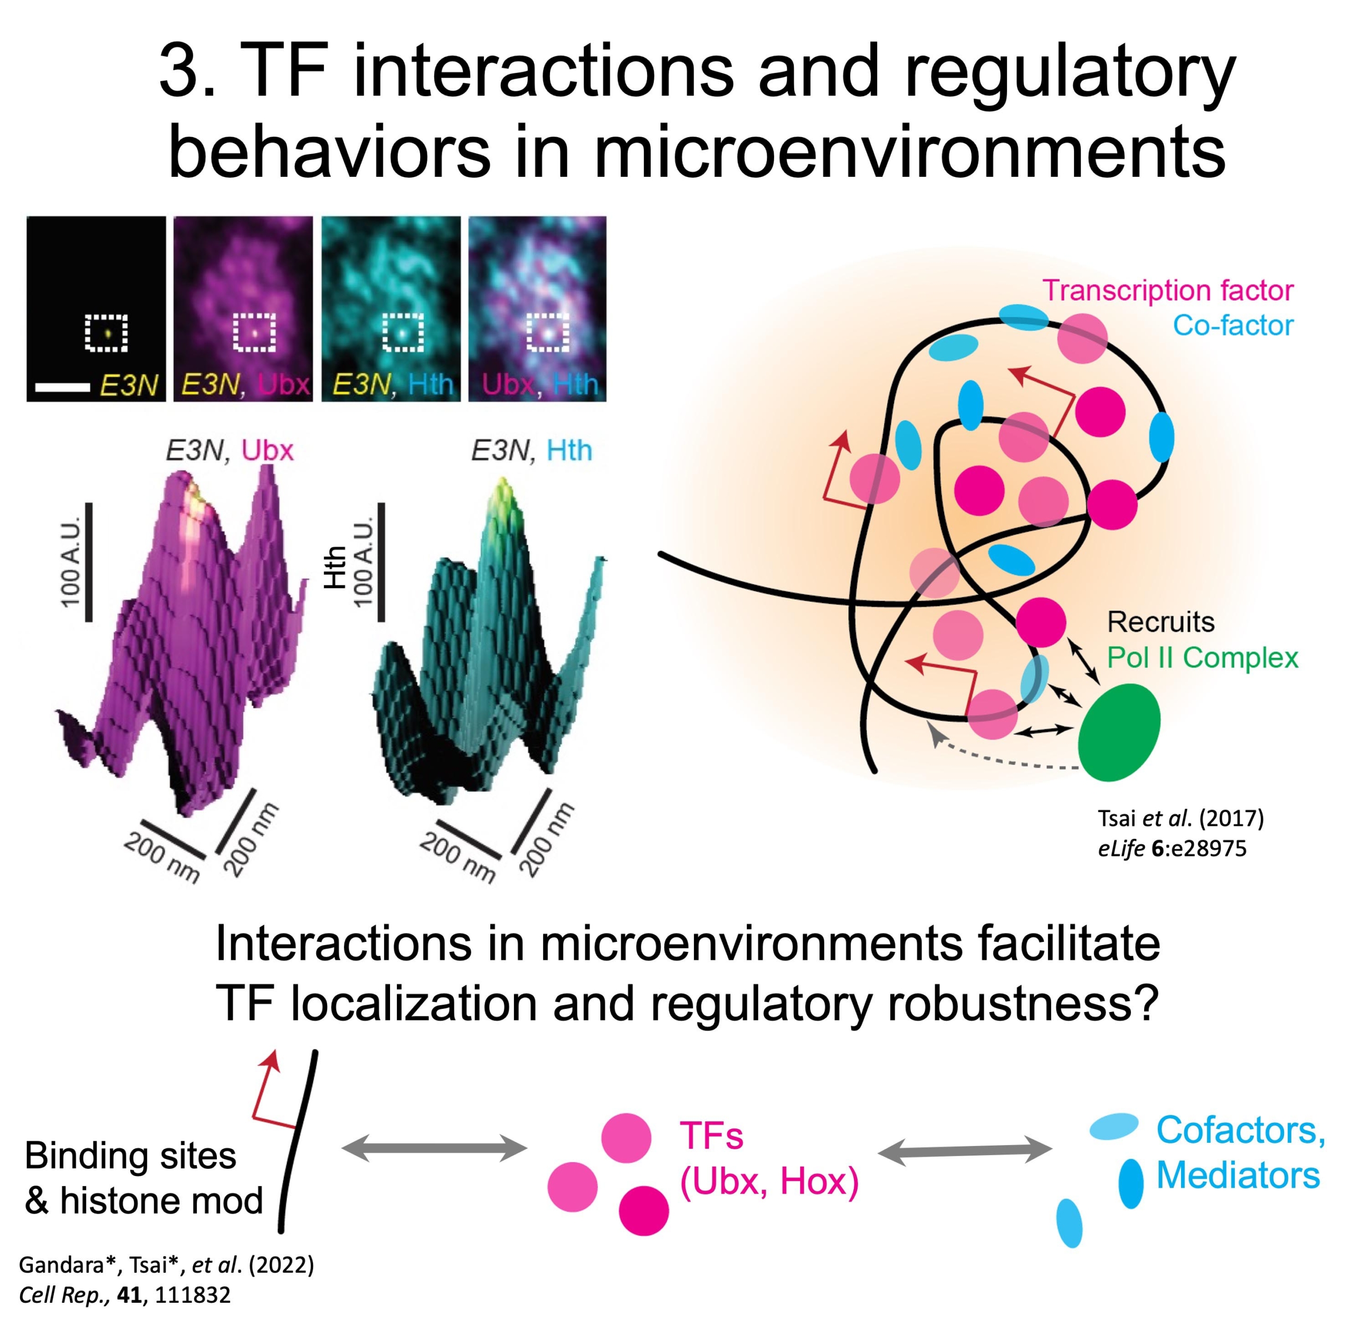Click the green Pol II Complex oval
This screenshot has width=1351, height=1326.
point(1118,732)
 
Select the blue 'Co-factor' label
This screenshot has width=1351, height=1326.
point(1233,325)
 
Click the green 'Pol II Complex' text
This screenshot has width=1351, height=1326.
point(1202,657)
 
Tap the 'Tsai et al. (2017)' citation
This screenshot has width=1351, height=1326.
point(1181,818)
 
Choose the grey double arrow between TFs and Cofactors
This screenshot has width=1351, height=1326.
point(965,1151)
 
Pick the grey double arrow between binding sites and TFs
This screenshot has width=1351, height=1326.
point(434,1148)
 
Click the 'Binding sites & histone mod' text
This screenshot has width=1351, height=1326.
point(143,1178)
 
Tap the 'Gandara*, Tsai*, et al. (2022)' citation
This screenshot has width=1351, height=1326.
point(166,1264)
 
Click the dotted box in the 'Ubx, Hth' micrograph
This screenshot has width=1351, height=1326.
point(547,333)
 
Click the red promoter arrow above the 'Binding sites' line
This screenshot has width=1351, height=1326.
point(268,1087)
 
